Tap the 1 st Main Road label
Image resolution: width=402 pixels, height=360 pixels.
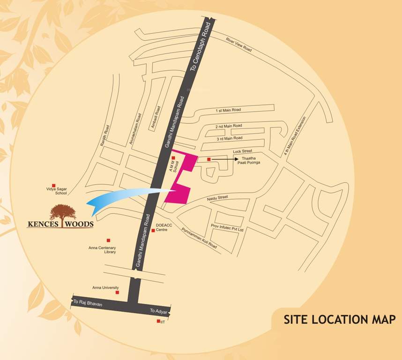228,110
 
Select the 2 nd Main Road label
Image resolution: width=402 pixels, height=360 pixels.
229,126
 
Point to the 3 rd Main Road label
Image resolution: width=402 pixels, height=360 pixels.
229,138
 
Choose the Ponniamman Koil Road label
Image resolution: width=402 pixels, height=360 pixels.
200,238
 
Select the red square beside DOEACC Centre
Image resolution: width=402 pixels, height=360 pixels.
153,230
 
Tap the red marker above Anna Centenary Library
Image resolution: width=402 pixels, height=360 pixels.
109,240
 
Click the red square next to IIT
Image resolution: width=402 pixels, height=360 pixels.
158,321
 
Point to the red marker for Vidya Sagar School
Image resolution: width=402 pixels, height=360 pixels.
53,186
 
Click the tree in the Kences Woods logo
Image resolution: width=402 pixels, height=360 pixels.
62,212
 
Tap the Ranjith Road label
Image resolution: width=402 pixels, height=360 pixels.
104,135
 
